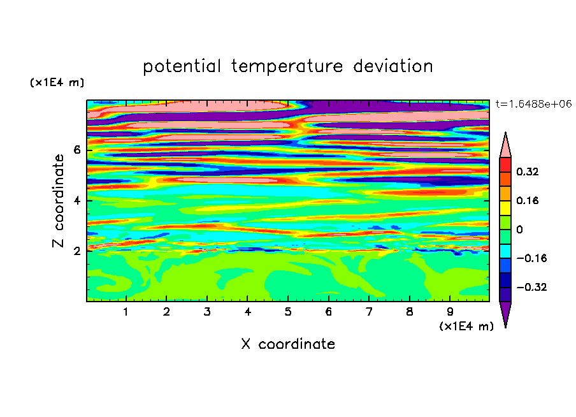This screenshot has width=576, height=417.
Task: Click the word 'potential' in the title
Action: (x=182, y=66)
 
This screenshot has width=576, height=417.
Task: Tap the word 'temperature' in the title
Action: (x=287, y=67)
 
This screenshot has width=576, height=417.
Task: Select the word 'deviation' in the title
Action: (x=393, y=66)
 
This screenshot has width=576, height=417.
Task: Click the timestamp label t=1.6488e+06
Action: (x=534, y=104)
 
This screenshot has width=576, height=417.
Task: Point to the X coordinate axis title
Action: (x=288, y=344)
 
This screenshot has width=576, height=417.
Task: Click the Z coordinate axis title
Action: (x=58, y=201)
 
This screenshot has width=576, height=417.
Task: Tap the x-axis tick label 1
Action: (x=126, y=312)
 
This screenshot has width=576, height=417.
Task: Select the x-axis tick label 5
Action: (x=288, y=312)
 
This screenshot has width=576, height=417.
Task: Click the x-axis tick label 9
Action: (x=450, y=312)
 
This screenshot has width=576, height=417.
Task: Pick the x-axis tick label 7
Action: (x=369, y=312)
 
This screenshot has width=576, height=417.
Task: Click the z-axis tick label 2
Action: (x=76, y=251)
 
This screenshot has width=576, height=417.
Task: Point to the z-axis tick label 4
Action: (x=76, y=201)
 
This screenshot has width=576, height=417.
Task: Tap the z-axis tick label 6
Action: (x=76, y=150)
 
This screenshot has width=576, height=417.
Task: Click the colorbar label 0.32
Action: (x=528, y=172)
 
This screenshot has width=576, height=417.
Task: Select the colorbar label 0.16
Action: (x=528, y=200)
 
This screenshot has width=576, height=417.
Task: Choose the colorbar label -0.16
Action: (x=531, y=258)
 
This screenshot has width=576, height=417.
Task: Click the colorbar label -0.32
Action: (x=531, y=287)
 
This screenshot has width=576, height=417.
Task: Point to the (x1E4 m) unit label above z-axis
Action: (x=57, y=82)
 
